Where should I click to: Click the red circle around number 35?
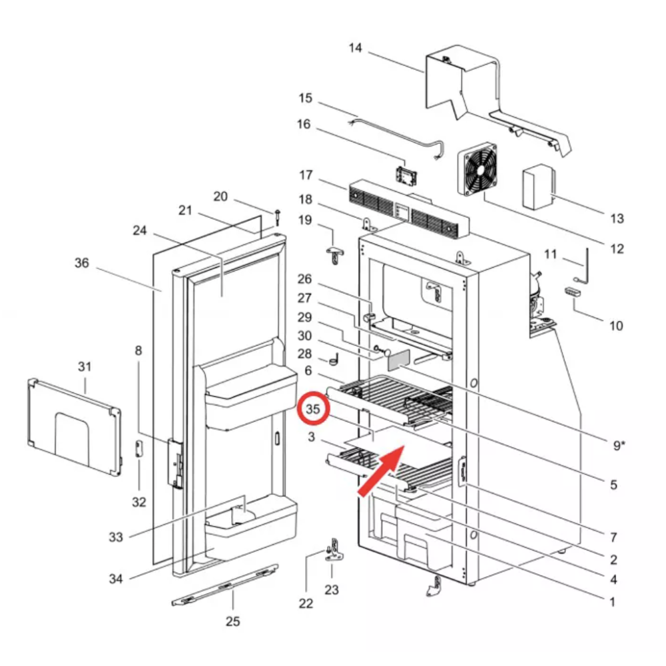312,410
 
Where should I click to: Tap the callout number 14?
355,47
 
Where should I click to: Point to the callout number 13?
617,218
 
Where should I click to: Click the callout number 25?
232,621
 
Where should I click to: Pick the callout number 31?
85,367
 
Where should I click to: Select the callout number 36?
81,263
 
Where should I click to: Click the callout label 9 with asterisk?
619,445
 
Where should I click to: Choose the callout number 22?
306,603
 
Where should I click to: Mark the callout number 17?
306,176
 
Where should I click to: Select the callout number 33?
116,537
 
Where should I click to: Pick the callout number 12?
617,248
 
